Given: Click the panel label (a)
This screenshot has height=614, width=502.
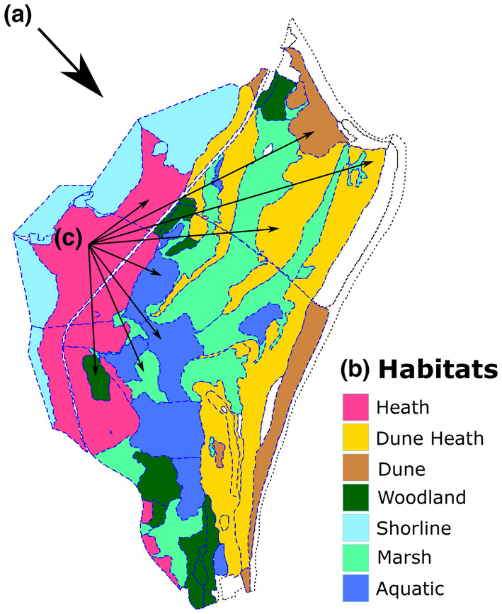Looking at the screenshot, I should (x=18, y=16).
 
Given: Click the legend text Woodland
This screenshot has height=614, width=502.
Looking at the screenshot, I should (x=431, y=498).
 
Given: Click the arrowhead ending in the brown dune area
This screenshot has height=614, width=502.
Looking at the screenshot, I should (x=311, y=132).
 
